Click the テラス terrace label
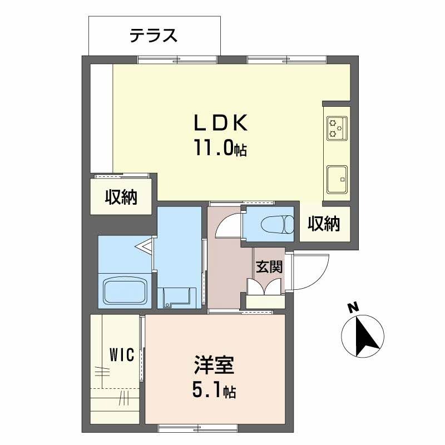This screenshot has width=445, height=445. pyautogui.click(x=154, y=36)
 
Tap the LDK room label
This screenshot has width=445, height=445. pyautogui.click(x=220, y=123)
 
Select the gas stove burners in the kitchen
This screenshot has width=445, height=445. pyautogui.click(x=337, y=127)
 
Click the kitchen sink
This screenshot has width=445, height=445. pyautogui.click(x=337, y=179)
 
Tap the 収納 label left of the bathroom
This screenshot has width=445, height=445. pyautogui.click(x=121, y=197)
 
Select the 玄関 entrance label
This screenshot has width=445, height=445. pyautogui.click(x=269, y=266)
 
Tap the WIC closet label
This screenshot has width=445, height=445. pyautogui.click(x=121, y=355)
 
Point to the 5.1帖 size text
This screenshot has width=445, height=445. pyautogui.click(x=214, y=391)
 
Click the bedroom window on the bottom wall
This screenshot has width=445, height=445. pyautogui.click(x=198, y=428)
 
